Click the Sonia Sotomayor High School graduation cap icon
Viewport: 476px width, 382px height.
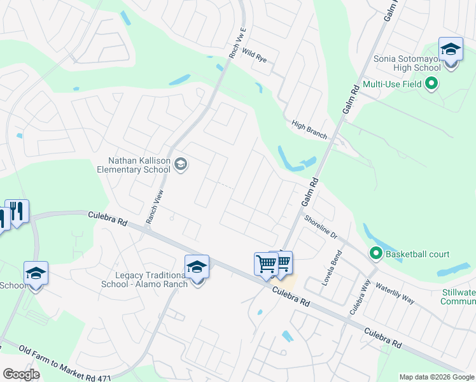[x=451, y=48]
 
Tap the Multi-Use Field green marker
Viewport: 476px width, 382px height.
[x=431, y=83]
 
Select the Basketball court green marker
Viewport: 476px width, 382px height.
[x=375, y=254]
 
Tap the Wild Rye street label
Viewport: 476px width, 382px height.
[x=255, y=56]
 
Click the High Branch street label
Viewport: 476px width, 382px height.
[x=309, y=130]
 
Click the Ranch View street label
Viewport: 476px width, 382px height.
[x=155, y=206]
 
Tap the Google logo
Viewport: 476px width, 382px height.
[x=21, y=374]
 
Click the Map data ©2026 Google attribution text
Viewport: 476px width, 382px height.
[x=436, y=377]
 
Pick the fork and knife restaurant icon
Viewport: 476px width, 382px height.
[x=17, y=211]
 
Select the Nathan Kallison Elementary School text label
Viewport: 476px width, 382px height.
[x=134, y=166]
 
